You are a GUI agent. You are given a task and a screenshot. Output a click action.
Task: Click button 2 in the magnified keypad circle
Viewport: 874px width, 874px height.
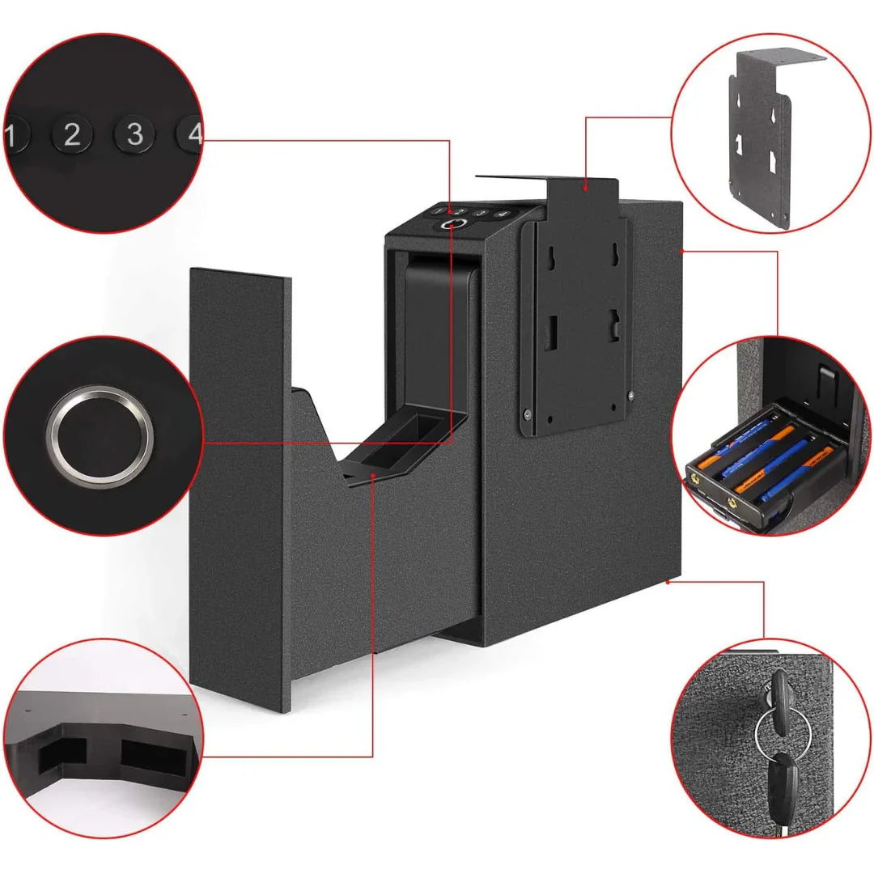(72, 134)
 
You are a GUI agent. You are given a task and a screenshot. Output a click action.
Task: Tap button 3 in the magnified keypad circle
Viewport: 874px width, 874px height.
(134, 133)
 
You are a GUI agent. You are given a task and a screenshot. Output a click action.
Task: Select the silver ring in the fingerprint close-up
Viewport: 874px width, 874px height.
(100, 430)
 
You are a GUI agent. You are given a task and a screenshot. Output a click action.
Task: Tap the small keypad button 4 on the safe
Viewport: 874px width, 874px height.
(501, 214)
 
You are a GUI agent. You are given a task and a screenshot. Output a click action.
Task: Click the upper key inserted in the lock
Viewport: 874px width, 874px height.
(779, 701)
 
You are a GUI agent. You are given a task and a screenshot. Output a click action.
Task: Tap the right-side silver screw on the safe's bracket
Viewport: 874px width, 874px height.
(630, 394)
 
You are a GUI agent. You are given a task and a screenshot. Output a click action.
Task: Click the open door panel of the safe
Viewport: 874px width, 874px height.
(240, 486)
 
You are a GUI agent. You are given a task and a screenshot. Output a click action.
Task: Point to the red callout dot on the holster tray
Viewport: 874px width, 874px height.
(372, 476)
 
